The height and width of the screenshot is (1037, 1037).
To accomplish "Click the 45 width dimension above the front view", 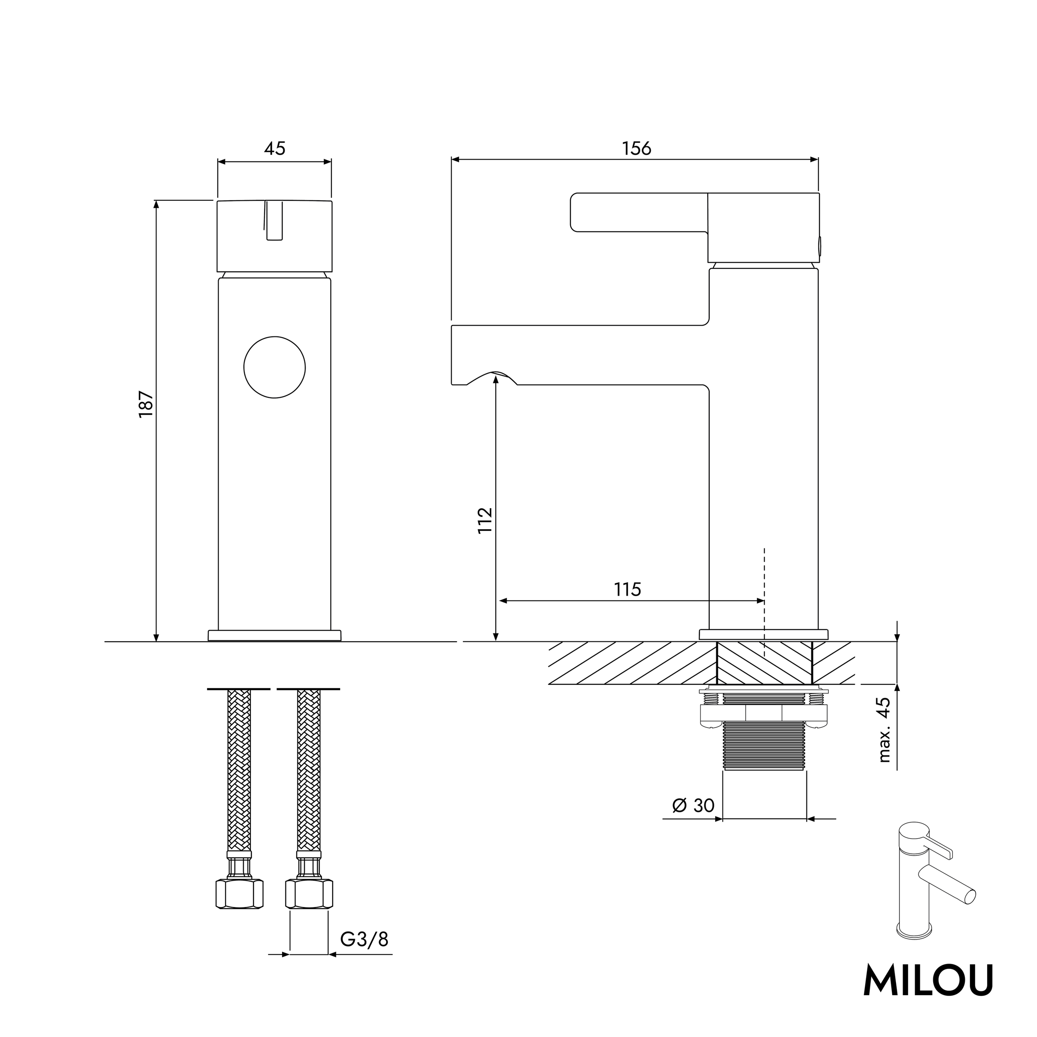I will click(274, 148).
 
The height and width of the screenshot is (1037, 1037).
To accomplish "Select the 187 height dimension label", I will click(146, 405).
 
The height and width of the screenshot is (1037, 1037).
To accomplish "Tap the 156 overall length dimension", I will click(637, 148).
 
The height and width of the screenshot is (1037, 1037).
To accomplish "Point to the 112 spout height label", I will click(484, 520).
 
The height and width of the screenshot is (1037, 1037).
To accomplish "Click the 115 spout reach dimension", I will click(628, 589).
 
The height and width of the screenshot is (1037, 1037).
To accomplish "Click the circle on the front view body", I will click(274, 368).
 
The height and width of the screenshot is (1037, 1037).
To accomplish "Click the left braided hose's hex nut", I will click(239, 894).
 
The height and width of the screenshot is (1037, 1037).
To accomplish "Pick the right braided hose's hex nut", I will click(309, 894).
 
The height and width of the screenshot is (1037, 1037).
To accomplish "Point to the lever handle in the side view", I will click(639, 212).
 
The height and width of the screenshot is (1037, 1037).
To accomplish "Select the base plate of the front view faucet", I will click(274, 635).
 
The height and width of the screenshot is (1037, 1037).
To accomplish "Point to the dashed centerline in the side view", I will click(764, 590).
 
